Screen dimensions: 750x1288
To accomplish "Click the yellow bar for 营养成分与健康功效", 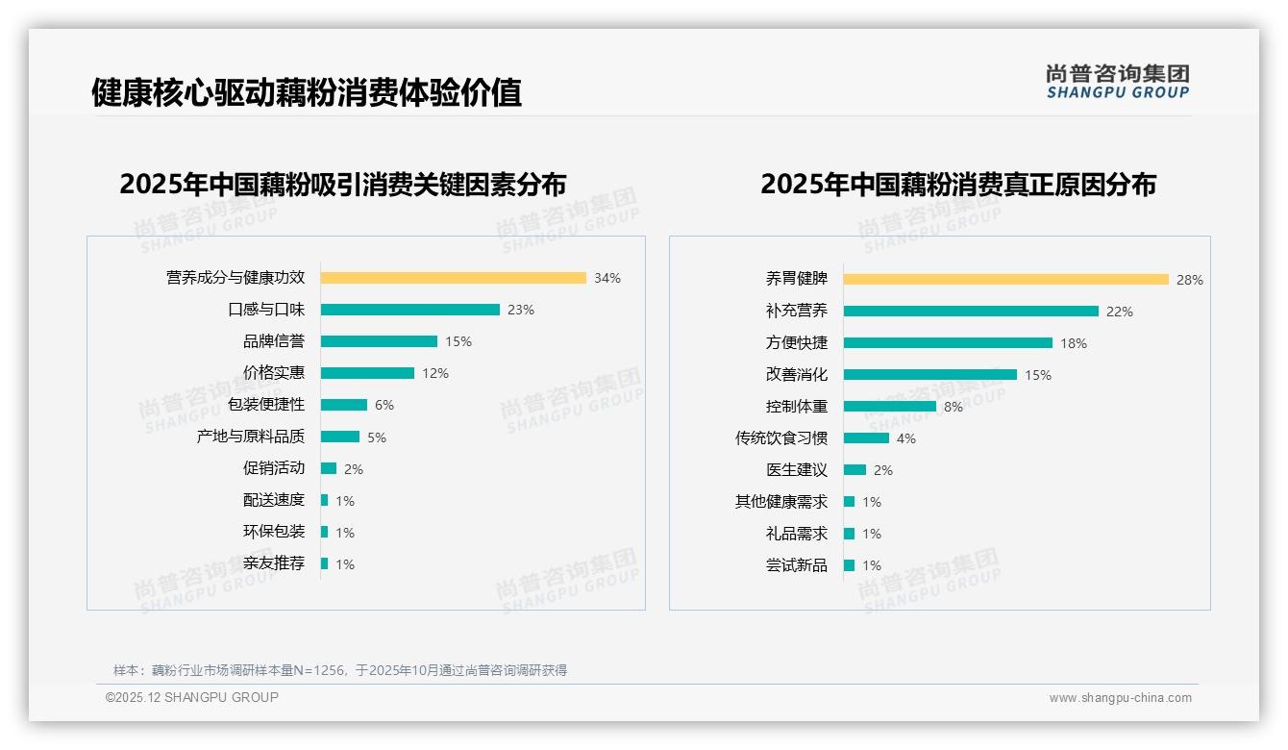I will (453, 278).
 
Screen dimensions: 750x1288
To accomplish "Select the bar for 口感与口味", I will (409, 310).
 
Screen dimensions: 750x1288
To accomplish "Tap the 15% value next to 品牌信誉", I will (458, 341).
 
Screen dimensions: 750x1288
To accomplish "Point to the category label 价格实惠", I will (274, 373).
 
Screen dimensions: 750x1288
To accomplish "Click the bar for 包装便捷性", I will (343, 405).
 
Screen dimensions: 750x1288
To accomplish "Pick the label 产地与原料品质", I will (251, 437).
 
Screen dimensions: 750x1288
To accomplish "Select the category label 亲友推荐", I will (274, 563).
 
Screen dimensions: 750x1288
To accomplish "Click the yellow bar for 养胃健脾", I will (1005, 280).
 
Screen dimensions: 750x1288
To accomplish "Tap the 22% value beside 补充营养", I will (1120, 312).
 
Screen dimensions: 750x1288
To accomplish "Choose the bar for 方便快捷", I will (948, 343).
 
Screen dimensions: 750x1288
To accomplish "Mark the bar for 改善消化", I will (929, 375).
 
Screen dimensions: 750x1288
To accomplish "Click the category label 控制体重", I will (797, 407).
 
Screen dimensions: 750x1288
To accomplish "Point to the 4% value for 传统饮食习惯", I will (906, 438).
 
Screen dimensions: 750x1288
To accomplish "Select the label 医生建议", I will (797, 470).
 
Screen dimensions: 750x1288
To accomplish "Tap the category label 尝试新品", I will (797, 565).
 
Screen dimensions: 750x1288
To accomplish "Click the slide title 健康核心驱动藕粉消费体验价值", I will (307, 93).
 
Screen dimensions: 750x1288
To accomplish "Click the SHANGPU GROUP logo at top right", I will (1117, 82).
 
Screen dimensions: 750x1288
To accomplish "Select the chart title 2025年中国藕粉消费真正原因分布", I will (958, 184).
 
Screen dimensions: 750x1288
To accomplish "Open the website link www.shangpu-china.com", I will (1120, 698).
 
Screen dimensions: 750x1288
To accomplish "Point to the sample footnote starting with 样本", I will (340, 670).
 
